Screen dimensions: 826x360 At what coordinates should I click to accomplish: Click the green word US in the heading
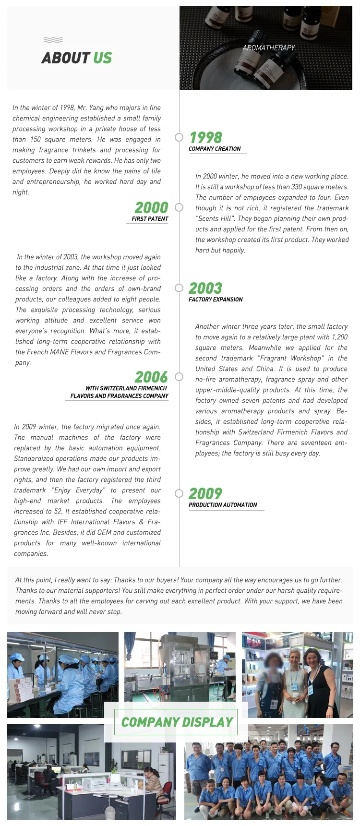click(102, 58)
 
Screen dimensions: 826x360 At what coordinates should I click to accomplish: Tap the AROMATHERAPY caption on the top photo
click(269, 48)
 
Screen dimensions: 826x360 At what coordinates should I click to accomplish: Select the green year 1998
click(206, 138)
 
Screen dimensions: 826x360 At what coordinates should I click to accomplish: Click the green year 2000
click(151, 208)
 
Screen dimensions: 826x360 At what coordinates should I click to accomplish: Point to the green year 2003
click(205, 288)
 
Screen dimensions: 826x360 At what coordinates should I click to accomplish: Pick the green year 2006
click(151, 377)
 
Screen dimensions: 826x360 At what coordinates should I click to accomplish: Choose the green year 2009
click(205, 494)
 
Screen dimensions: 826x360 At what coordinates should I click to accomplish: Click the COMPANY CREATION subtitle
click(215, 149)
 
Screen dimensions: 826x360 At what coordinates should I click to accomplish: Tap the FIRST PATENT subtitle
click(150, 219)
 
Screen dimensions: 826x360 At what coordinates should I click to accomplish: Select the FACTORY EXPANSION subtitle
click(216, 299)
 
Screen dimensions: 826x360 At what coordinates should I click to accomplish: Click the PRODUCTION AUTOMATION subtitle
click(223, 505)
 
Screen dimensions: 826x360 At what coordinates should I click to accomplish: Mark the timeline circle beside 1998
click(179, 137)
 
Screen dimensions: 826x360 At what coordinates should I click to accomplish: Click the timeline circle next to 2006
click(179, 377)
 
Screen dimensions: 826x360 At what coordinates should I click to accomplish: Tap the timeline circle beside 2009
click(179, 493)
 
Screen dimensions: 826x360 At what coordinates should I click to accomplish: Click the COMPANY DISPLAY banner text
click(177, 722)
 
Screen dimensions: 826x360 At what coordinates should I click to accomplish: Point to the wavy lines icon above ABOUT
click(53, 40)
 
